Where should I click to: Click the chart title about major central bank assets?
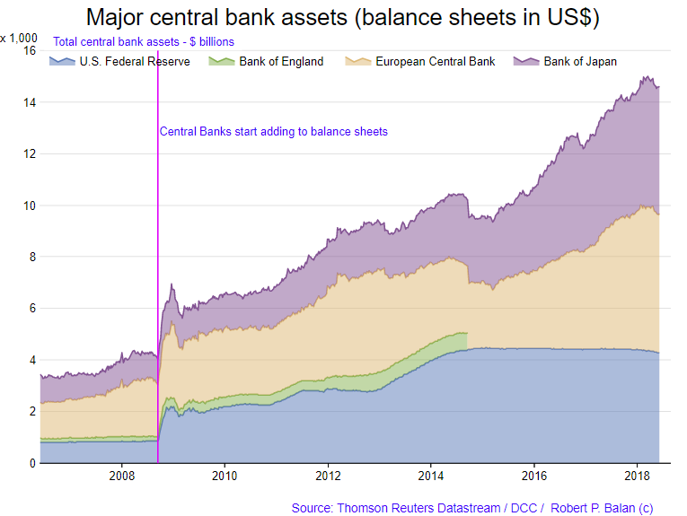coord(343,17)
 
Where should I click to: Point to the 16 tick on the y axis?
coord(28,51)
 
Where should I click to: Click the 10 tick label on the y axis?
coord(28,206)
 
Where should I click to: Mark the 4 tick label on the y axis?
coord(31,360)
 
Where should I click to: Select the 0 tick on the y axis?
coord(31,463)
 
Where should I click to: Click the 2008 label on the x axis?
coord(121,475)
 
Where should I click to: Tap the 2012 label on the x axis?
coord(328,475)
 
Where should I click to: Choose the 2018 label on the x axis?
coord(637,475)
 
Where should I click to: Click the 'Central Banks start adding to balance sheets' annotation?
coord(273,132)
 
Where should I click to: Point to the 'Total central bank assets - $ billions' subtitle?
coord(144,42)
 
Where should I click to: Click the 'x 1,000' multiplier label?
coord(19,38)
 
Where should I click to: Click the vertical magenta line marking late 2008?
coord(158,224)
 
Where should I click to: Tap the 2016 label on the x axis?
coord(534,475)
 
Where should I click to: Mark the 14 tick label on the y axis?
coord(28,102)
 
